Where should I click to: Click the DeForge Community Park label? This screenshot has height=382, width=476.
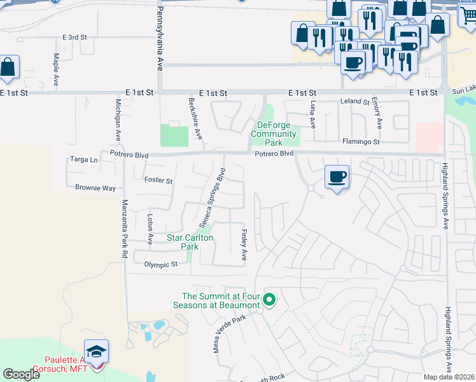274,134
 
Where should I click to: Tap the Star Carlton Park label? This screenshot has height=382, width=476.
190,242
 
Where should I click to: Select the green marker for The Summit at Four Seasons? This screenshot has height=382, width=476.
269,299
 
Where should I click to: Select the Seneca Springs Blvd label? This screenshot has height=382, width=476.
213,198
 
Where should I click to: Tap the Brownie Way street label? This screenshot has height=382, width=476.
95,188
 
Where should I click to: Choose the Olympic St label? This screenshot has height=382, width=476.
160,264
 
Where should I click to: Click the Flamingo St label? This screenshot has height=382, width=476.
361,141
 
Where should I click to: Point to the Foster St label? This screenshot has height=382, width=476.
158,181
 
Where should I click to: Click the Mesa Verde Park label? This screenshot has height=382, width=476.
229,335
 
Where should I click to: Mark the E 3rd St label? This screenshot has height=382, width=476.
74,38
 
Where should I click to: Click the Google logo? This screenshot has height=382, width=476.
21,374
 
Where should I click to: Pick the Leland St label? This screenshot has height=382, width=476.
355,102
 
